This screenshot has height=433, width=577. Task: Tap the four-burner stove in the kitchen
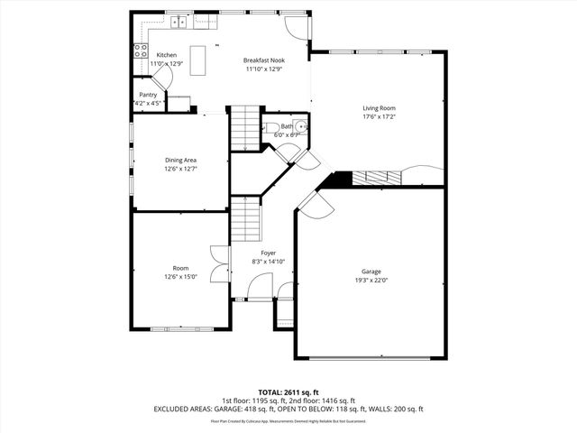pos(141,51)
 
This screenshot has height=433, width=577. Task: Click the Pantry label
pos(148,95)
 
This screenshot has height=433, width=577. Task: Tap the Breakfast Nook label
pos(262,60)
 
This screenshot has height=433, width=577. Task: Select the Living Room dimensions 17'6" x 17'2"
pos(380,116)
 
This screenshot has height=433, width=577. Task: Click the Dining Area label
pos(180,160)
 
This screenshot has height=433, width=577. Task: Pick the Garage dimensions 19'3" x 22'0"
pos(371,280)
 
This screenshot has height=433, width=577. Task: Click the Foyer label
pos(269,253)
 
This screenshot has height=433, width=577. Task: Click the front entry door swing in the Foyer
pos(258,289)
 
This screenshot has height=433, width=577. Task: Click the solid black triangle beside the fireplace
pos(339,180)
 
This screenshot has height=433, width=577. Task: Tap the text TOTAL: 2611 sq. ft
pos(288,392)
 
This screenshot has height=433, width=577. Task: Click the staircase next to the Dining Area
pos(243,129)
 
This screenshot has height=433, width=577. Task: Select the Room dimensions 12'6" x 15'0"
pos(180,276)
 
